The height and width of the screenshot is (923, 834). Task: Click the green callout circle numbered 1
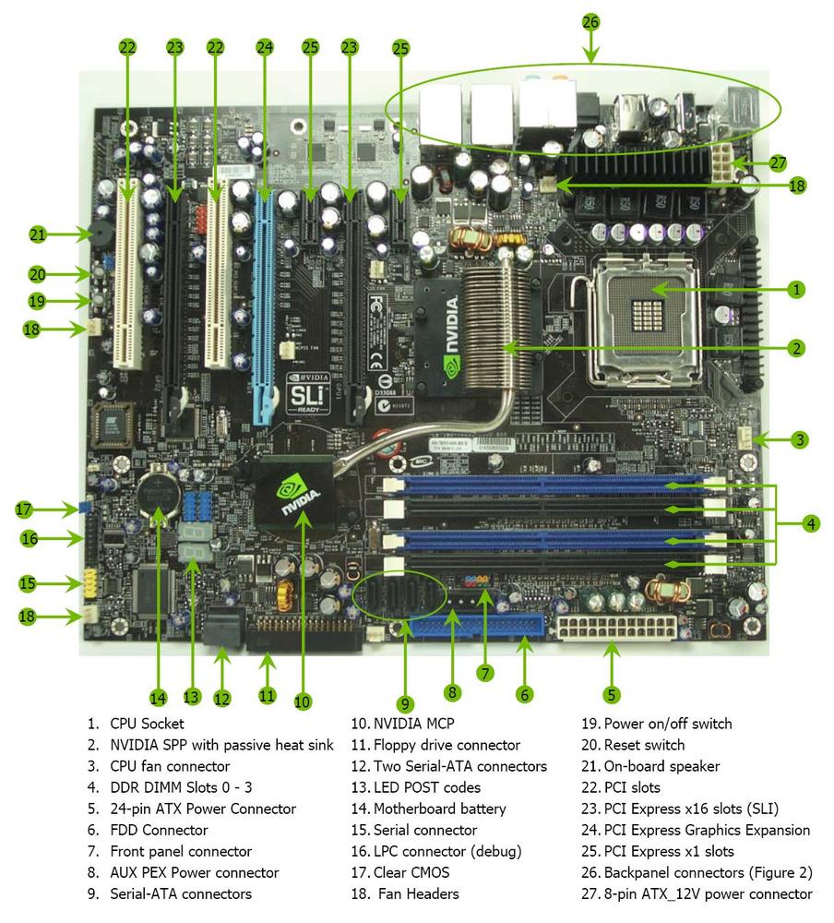(x=795, y=290)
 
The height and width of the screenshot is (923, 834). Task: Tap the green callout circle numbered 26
(x=591, y=20)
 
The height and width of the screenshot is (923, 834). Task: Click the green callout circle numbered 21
(x=37, y=235)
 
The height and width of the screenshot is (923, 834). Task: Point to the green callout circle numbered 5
(x=611, y=694)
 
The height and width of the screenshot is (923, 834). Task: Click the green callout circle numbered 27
(x=778, y=163)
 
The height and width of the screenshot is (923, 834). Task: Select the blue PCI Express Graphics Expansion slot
(x=266, y=295)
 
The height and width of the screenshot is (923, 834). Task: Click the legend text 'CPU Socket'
(x=147, y=725)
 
